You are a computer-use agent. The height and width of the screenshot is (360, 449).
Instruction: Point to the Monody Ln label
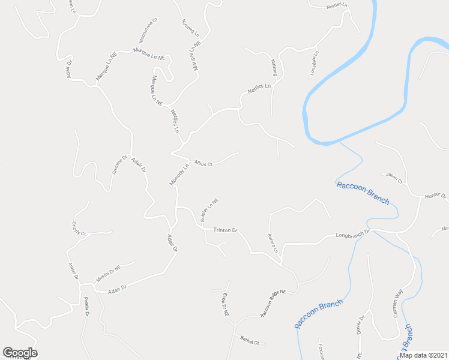click(x=179, y=175)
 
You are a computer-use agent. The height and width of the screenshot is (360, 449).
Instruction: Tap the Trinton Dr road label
click(x=226, y=230)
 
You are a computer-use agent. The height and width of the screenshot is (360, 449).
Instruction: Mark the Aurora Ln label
click(x=273, y=242)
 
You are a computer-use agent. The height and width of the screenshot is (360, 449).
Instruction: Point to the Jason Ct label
click(x=394, y=178)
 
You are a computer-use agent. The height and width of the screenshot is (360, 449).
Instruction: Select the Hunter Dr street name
click(x=435, y=196)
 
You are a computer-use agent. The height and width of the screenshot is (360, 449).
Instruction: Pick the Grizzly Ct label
click(x=79, y=228)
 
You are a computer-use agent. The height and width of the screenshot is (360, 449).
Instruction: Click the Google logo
click(x=20, y=353)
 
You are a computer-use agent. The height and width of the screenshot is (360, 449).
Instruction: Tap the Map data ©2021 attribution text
click(x=423, y=355)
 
